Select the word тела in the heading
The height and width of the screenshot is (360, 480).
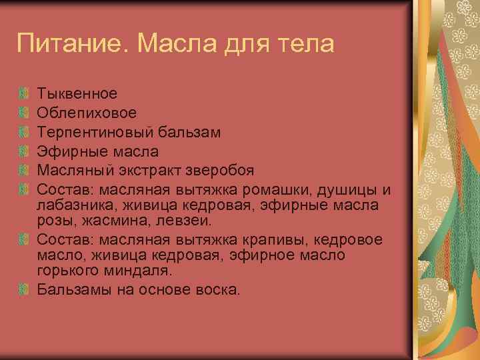tap(301, 45)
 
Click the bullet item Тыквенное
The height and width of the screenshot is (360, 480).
tap(77, 93)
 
